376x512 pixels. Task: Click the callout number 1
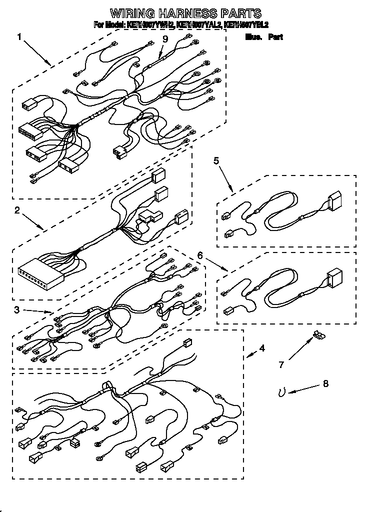pyautogui.click(x=19, y=36)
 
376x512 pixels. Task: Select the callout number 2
pyautogui.click(x=17, y=210)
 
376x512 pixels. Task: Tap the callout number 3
pyautogui.click(x=17, y=310)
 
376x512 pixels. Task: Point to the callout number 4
pyautogui.click(x=262, y=348)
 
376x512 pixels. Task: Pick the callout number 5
pyautogui.click(x=216, y=160)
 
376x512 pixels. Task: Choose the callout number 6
pyautogui.click(x=200, y=255)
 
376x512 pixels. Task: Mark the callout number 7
pyautogui.click(x=281, y=365)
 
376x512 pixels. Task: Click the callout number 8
pyautogui.click(x=326, y=384)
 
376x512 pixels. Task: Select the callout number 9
pyautogui.click(x=165, y=39)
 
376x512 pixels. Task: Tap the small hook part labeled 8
pyautogui.click(x=282, y=393)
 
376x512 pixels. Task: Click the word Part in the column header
pyautogui.click(x=275, y=37)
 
